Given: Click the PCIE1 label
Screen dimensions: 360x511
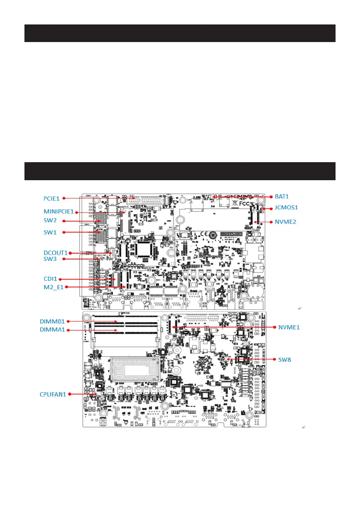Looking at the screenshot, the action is click(52, 198).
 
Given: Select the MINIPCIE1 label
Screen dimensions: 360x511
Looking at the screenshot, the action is click(59, 212).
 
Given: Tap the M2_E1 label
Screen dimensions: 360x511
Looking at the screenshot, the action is click(53, 287).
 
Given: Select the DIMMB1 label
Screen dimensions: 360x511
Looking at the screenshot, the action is click(52, 321).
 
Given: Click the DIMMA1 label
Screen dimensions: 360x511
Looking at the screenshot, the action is click(52, 330).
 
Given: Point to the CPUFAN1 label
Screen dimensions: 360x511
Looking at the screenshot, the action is click(54, 394).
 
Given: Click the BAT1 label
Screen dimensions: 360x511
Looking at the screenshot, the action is click(282, 197).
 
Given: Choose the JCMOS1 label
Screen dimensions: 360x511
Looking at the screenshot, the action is click(286, 208).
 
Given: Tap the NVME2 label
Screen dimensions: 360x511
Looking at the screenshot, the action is click(285, 222).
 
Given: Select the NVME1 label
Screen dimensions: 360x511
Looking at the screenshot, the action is click(289, 327).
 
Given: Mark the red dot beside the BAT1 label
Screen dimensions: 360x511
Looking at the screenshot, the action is click(271, 197).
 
